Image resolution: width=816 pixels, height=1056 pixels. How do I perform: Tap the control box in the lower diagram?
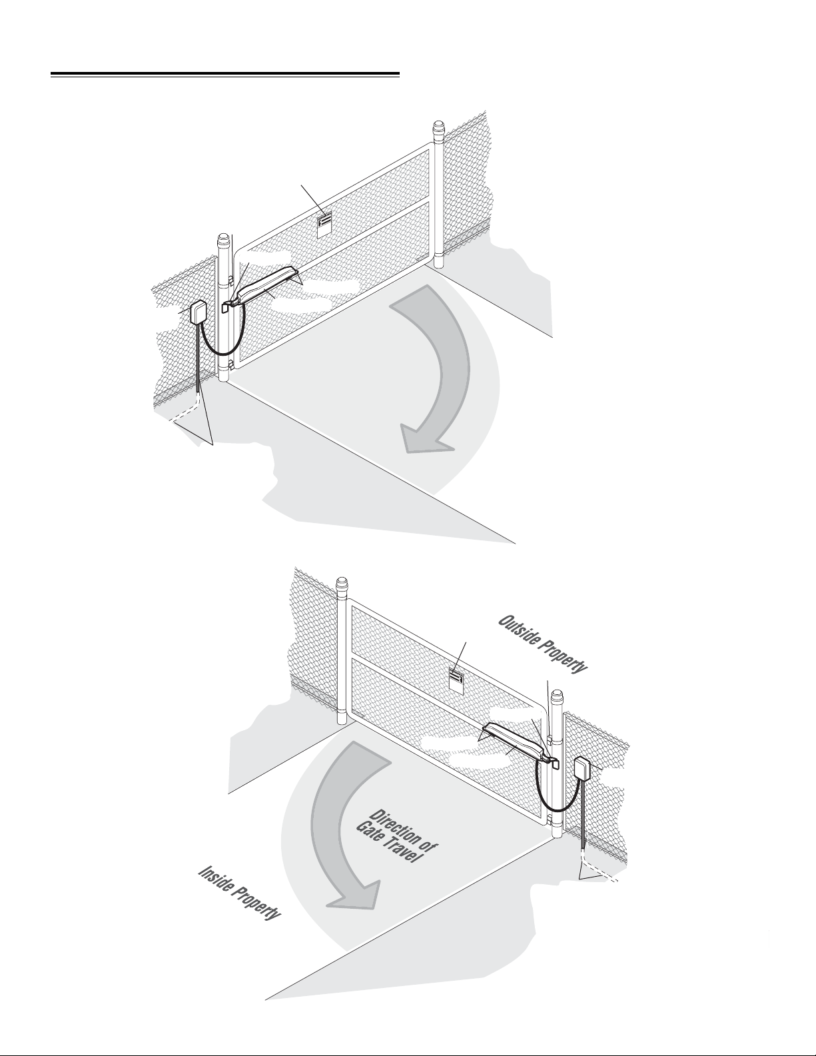[x=582, y=768]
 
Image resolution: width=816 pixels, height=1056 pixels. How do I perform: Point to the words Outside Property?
[x=542, y=644]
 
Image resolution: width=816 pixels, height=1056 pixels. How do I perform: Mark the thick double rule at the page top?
[x=225, y=75]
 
